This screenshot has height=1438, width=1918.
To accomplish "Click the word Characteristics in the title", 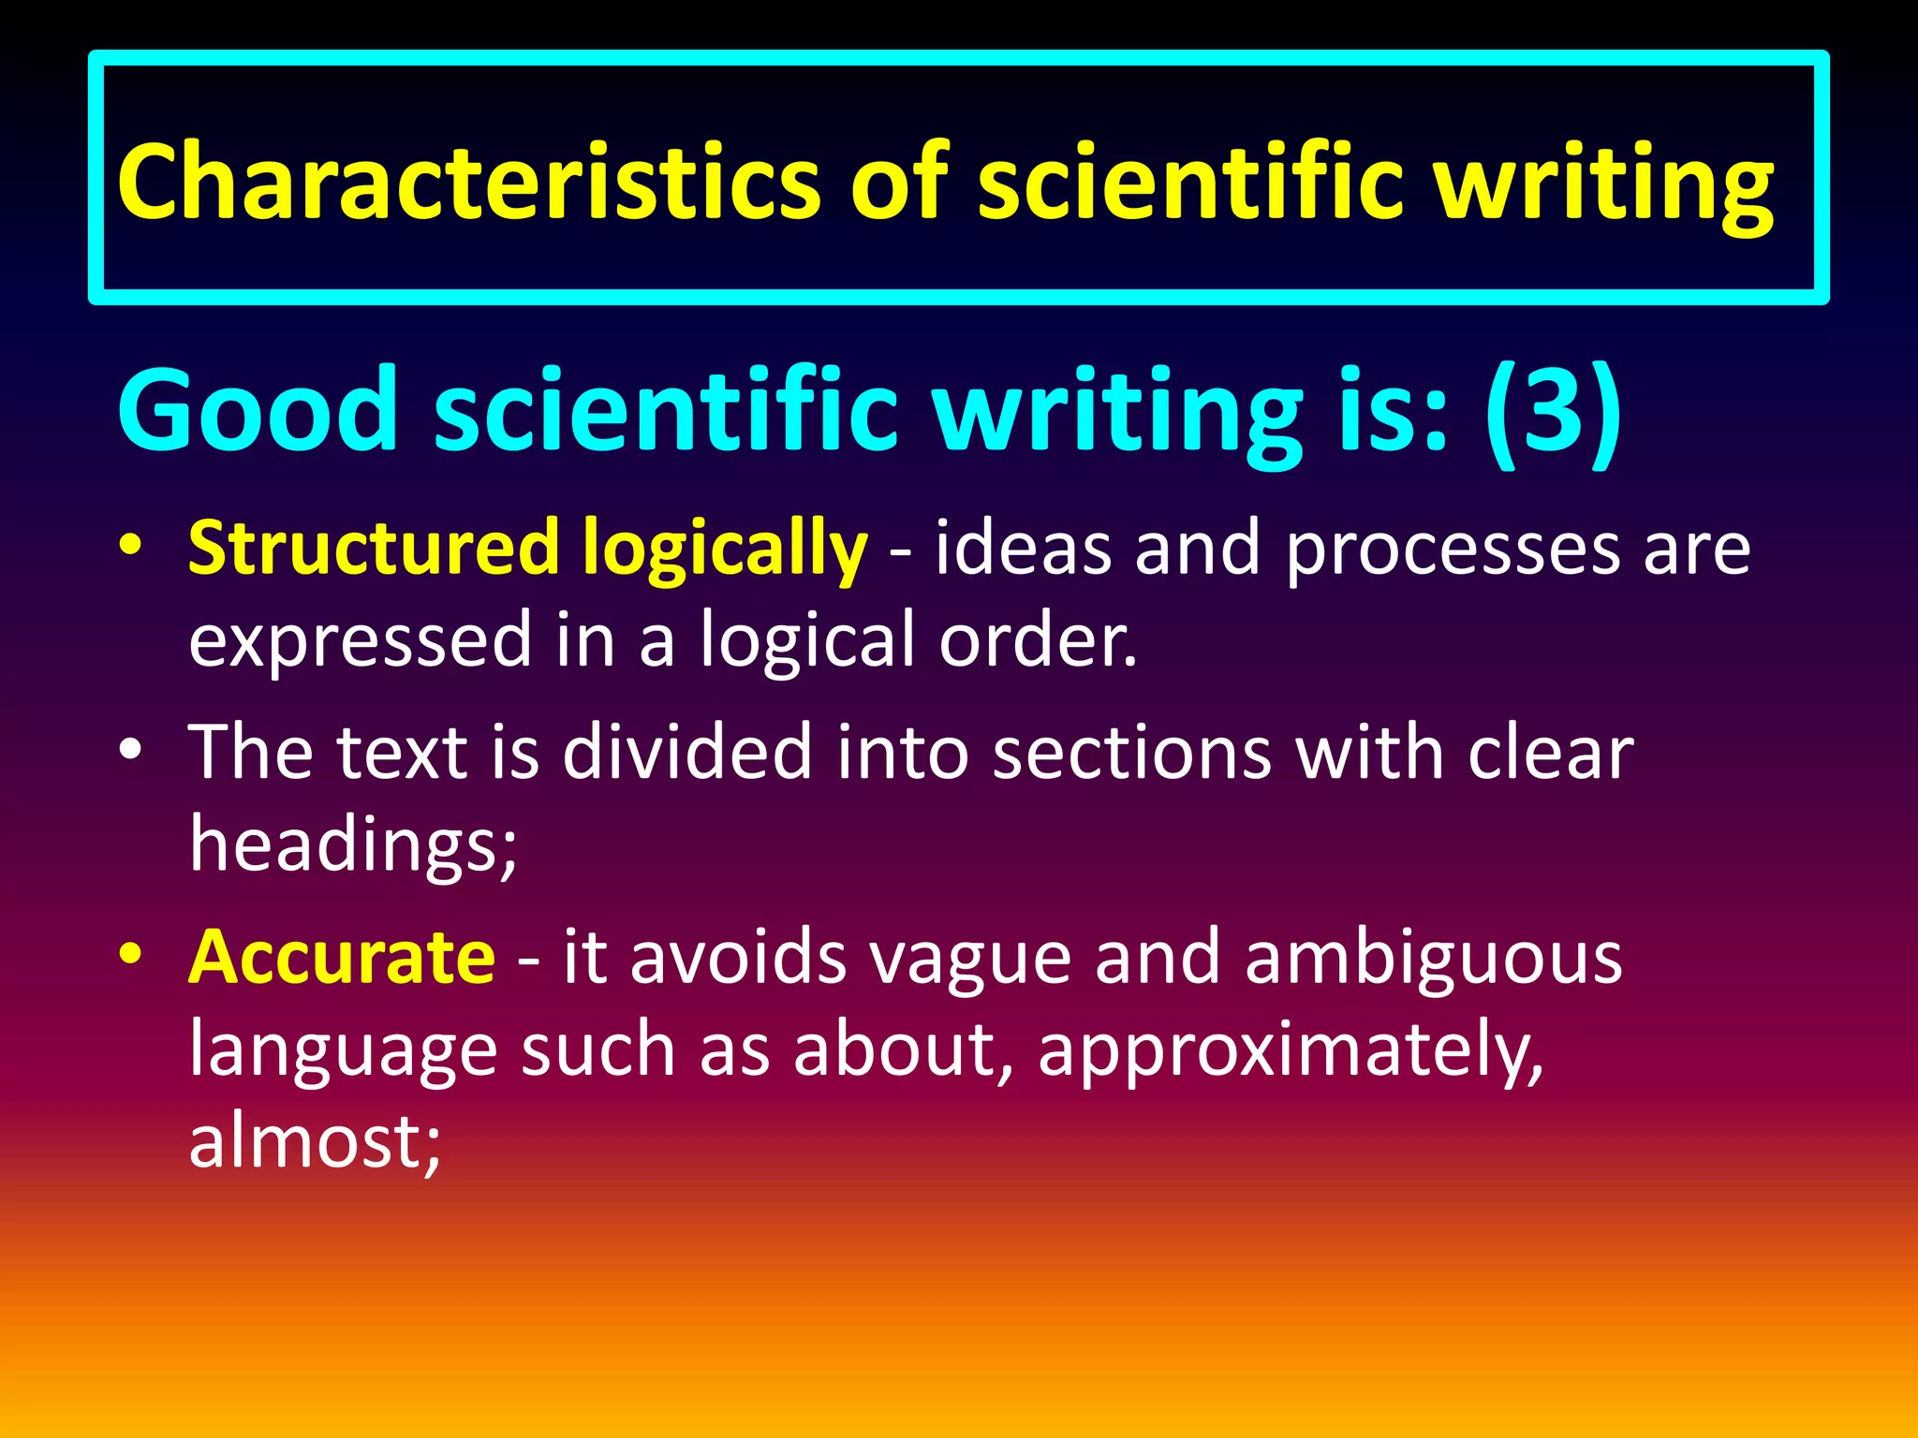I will tap(468, 182).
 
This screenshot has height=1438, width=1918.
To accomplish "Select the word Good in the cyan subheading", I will tap(258, 410).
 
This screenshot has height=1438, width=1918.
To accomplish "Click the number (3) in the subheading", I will tap(1553, 410).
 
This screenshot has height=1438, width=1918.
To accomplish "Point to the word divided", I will tap(686, 752).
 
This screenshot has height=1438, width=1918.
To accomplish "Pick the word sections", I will tap(1131, 752).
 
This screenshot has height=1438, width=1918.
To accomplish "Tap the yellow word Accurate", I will tap(342, 957).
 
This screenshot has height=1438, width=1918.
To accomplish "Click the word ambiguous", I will tap(1433, 959).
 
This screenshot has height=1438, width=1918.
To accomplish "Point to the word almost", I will tap(314, 1141).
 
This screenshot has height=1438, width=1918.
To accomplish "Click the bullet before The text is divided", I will tap(131, 750).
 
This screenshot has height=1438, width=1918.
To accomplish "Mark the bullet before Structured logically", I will tap(131, 545).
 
